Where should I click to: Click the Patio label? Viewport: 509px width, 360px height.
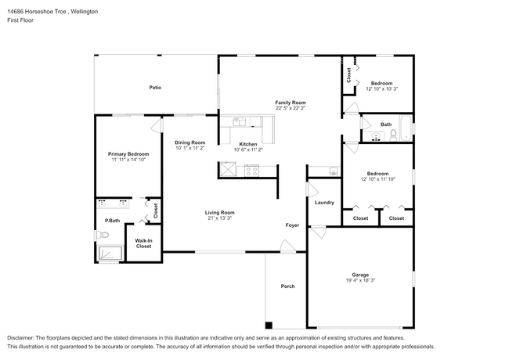(155, 87)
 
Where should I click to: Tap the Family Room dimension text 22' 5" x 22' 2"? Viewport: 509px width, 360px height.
(291, 108)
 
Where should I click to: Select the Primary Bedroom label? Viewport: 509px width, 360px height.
(128, 154)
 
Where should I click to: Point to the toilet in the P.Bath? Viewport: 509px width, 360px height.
(103, 235)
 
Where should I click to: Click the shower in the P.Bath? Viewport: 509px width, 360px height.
(110, 253)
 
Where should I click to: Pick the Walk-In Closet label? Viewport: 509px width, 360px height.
(144, 243)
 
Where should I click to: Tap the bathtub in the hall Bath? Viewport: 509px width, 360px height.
(406, 128)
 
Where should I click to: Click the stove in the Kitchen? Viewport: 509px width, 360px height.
(251, 171)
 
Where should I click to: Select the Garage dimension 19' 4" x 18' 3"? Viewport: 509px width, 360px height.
(360, 280)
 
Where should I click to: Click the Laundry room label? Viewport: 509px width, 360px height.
(324, 203)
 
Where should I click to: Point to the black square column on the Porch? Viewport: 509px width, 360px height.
(269, 325)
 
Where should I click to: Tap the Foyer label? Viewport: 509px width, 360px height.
(292, 225)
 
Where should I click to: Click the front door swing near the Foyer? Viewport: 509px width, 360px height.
(288, 246)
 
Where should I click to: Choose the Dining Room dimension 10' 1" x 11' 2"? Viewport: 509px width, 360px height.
(190, 148)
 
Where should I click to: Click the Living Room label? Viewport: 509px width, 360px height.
(220, 212)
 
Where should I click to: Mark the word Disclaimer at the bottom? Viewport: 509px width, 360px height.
(20, 338)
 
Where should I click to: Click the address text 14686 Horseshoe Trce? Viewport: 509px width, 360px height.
(37, 12)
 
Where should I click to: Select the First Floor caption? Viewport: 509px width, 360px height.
(20, 20)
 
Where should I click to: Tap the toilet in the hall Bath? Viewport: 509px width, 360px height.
(393, 135)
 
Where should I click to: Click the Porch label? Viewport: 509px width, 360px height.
(288, 286)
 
